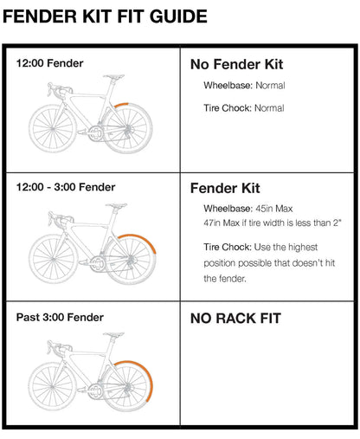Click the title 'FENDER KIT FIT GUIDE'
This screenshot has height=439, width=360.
point(106,16)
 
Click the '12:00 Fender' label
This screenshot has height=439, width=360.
point(50,63)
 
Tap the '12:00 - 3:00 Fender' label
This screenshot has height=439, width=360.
point(66,187)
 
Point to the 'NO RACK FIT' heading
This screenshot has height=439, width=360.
point(236,318)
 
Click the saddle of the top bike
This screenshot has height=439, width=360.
point(112,76)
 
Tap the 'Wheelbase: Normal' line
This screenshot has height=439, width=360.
point(244,86)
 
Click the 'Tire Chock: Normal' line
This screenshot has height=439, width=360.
point(244,109)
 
